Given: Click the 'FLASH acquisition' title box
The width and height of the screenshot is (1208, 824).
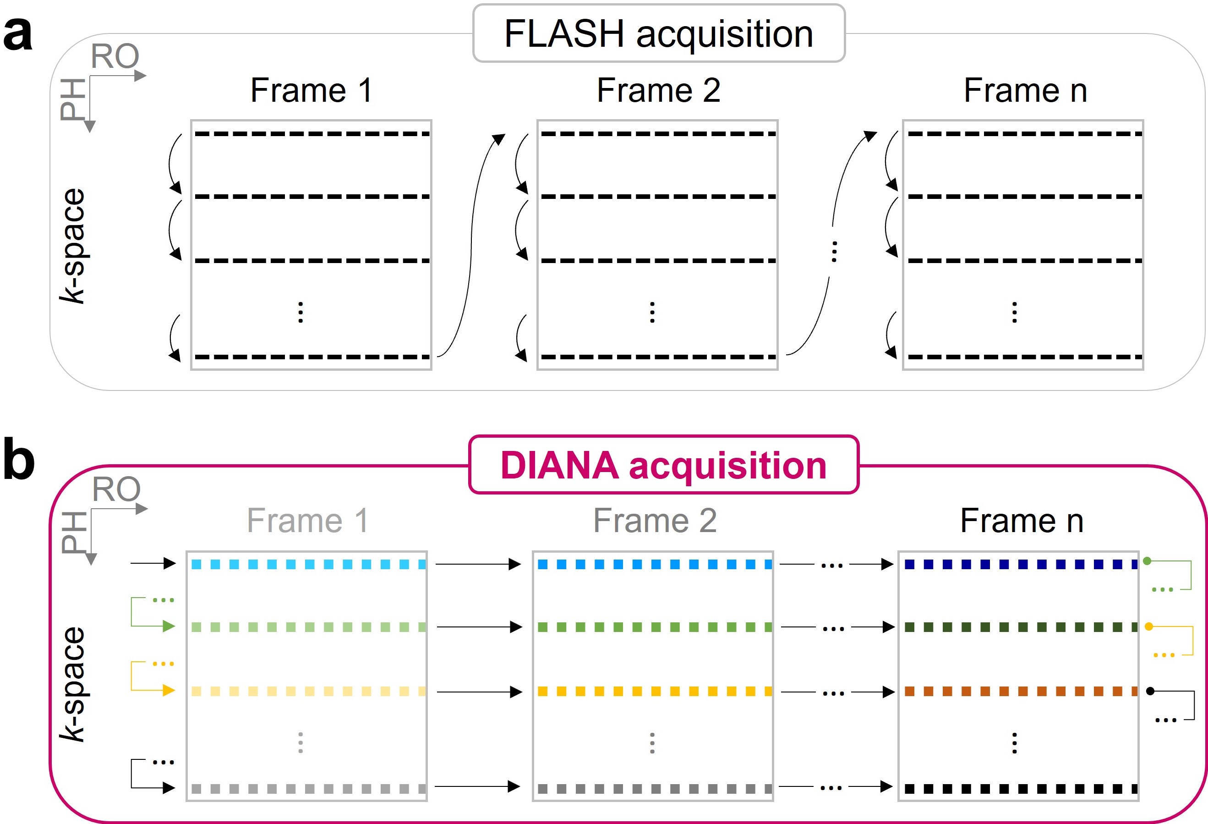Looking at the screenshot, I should [x=659, y=34].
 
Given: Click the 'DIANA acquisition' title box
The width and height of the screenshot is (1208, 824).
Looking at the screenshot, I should [x=663, y=465].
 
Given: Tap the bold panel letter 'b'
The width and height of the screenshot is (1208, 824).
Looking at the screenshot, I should [x=19, y=460].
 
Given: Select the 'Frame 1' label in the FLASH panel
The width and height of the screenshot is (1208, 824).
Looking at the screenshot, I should [x=311, y=90].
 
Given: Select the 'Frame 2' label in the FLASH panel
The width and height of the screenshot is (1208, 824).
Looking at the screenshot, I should [x=658, y=90].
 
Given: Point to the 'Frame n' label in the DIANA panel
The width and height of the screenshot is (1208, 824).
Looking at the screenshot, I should [x=1022, y=521].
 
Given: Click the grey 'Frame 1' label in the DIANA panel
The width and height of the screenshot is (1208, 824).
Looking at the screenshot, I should [x=308, y=521].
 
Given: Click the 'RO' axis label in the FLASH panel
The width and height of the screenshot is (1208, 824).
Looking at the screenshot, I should [x=115, y=56].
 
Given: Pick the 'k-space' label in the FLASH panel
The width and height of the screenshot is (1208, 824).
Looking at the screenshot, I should [x=72, y=245].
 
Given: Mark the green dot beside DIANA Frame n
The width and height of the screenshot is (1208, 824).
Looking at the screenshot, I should [x=1147, y=561].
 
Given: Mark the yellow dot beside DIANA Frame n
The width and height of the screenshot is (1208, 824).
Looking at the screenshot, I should [x=1149, y=626].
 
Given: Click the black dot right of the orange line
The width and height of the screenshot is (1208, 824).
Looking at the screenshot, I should [x=1150, y=691].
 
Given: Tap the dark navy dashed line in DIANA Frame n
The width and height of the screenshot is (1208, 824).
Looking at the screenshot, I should [x=1020, y=564].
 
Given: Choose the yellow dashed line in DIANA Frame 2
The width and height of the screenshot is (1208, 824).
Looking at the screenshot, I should [x=655, y=692].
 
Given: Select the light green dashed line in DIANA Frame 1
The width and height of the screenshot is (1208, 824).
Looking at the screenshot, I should [x=308, y=627].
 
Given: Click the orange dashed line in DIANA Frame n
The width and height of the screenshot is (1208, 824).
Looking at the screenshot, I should [x=1020, y=692].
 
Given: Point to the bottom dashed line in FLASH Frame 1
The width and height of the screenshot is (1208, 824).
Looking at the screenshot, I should [x=312, y=357].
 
